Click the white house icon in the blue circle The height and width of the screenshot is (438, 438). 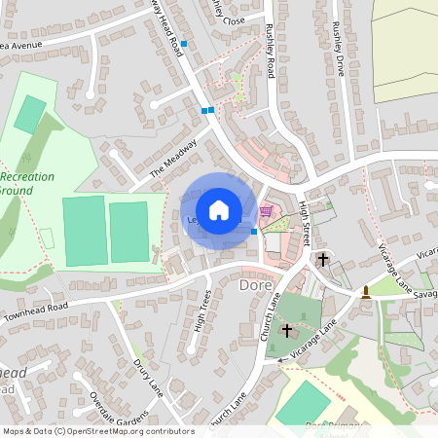tap(219, 209)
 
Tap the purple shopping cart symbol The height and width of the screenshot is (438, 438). tap(266, 210)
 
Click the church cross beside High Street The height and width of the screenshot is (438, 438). tap(322, 260)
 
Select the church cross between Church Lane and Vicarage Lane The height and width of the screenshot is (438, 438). tap(286, 331)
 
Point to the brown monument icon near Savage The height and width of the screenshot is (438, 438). tap(366, 291)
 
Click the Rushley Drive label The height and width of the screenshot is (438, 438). tap(338, 49)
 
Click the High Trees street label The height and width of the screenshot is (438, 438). tap(202, 310)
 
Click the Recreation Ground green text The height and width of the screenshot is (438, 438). tap(29, 184)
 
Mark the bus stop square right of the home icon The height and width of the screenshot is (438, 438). tap(254, 232)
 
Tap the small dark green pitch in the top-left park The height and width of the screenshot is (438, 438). tap(29, 114)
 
